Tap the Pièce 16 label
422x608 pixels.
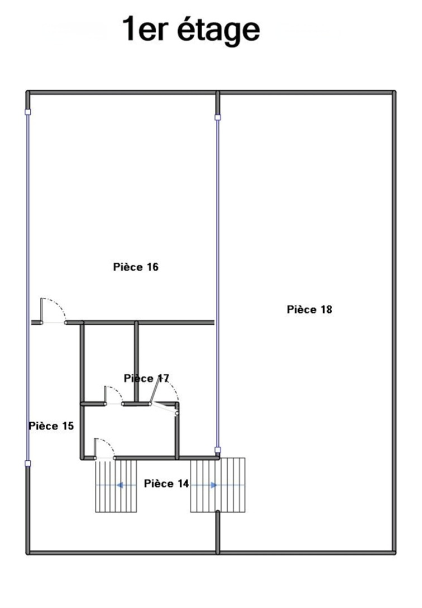136,267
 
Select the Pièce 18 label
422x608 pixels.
309,309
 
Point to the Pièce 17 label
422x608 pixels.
147,378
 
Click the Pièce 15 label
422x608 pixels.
51,426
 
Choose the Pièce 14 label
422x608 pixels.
166,484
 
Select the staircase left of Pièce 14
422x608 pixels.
116,486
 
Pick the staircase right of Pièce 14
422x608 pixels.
218,485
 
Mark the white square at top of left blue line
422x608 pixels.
27,112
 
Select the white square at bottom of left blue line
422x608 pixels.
27,464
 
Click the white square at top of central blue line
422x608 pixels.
218,117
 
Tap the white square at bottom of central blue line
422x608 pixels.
218,450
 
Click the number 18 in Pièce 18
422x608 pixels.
326,310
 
